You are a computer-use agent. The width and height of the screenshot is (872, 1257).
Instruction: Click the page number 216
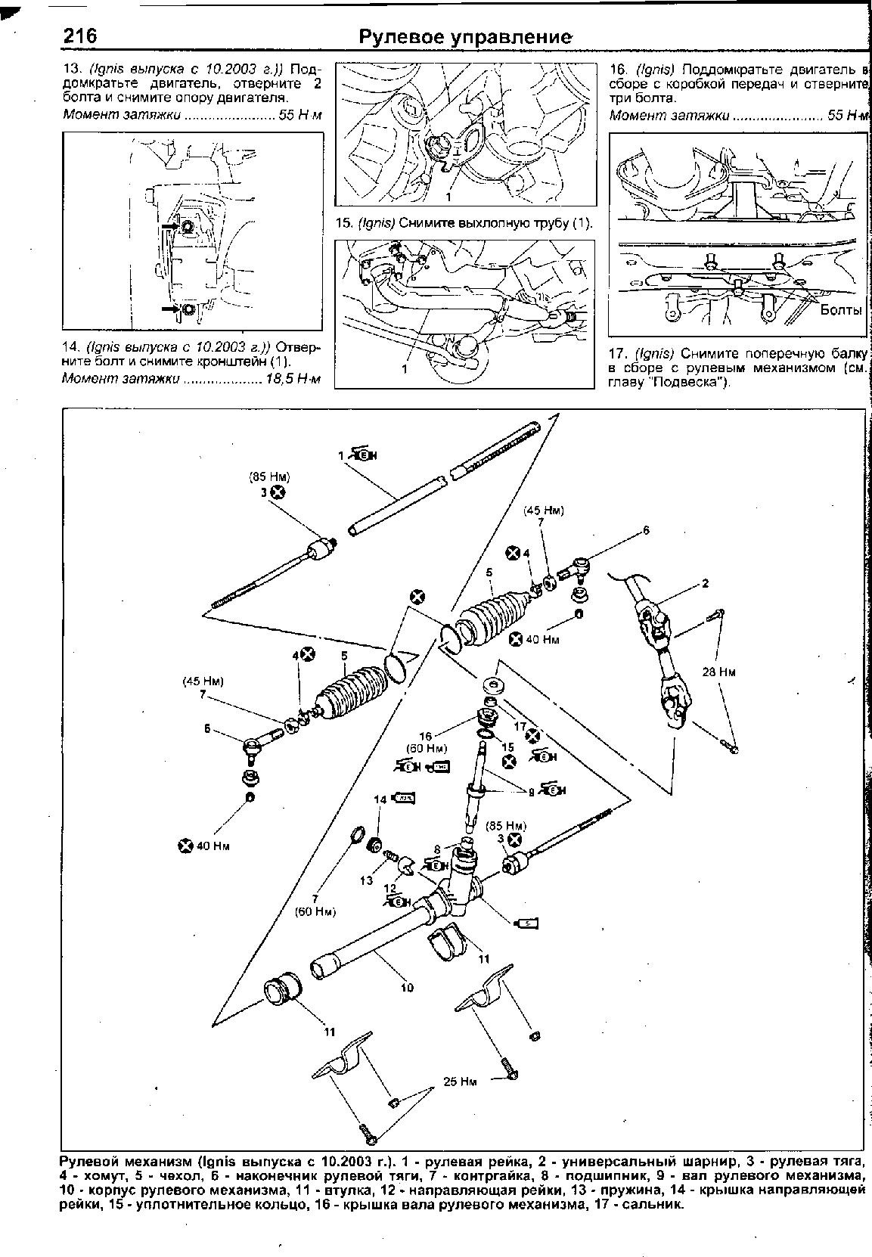(x=78, y=36)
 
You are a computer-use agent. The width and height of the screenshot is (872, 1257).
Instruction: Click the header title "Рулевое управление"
(x=464, y=37)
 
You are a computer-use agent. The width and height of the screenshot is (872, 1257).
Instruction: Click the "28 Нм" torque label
(x=718, y=672)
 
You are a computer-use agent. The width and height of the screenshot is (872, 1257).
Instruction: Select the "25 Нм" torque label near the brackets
(x=460, y=1082)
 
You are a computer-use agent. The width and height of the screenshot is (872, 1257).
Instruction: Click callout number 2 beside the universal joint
(x=705, y=583)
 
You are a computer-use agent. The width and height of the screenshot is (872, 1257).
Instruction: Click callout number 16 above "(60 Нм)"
(x=426, y=736)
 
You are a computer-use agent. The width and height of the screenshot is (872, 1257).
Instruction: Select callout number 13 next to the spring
(x=367, y=880)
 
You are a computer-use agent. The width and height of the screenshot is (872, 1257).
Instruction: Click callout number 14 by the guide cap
(x=380, y=799)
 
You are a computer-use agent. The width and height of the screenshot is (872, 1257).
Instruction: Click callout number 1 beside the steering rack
(x=341, y=455)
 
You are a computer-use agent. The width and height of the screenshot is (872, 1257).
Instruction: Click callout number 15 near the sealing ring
(x=508, y=746)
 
